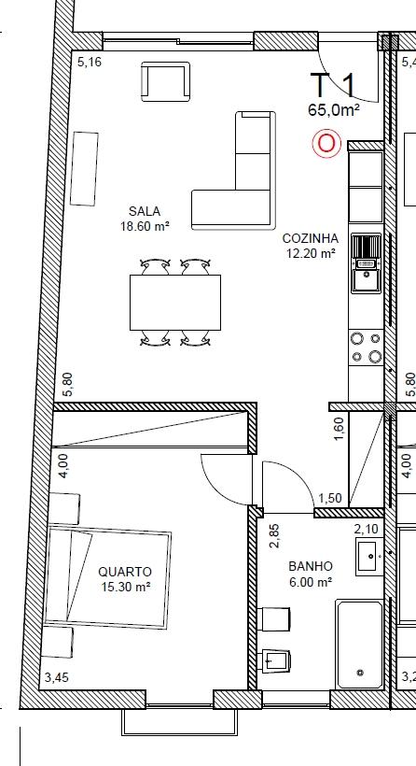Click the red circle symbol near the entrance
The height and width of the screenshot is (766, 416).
pos(326,144)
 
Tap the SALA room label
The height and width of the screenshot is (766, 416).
pos(145,211)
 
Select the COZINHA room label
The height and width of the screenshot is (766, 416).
pos(311,238)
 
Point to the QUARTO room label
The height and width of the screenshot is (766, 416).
pos(125,572)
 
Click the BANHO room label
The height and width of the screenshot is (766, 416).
pos(311,566)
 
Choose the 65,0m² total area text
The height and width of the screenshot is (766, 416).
pos(334,110)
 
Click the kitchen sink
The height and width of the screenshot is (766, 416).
pos(367,263)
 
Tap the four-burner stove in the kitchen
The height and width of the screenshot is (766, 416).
pos(367,348)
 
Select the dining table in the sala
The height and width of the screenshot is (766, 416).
pos(175,303)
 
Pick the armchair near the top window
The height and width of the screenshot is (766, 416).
pos(165,81)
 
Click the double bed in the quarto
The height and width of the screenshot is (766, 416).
pos(107,577)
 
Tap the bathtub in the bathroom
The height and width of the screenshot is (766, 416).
pos(360,645)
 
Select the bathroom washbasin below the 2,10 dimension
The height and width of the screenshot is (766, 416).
pos(369,557)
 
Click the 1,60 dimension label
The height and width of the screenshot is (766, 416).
pos(340,428)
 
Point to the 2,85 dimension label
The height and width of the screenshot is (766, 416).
pos(275,535)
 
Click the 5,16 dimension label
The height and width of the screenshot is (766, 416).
pos(90,62)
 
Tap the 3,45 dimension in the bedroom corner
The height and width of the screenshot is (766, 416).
pos(57,677)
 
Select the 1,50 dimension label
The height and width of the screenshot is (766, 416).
pos(330,498)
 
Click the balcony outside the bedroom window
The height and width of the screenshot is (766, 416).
pos(179,721)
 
